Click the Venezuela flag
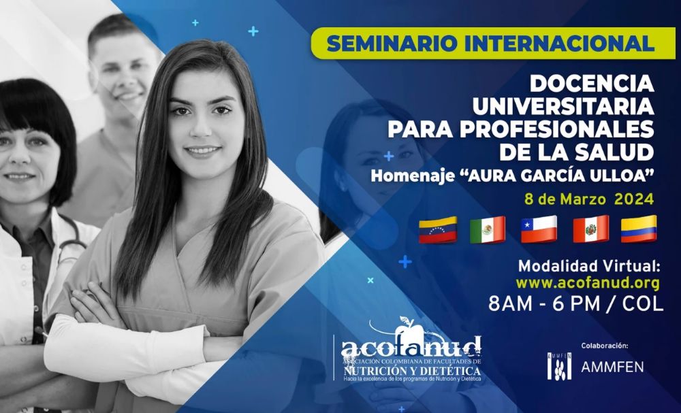coord(437,230)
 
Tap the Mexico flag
coord(487,230)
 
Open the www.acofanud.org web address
coord(587,282)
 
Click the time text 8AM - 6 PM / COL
coord(575,304)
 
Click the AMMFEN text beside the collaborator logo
coord(612,367)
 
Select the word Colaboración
coord(605,346)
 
